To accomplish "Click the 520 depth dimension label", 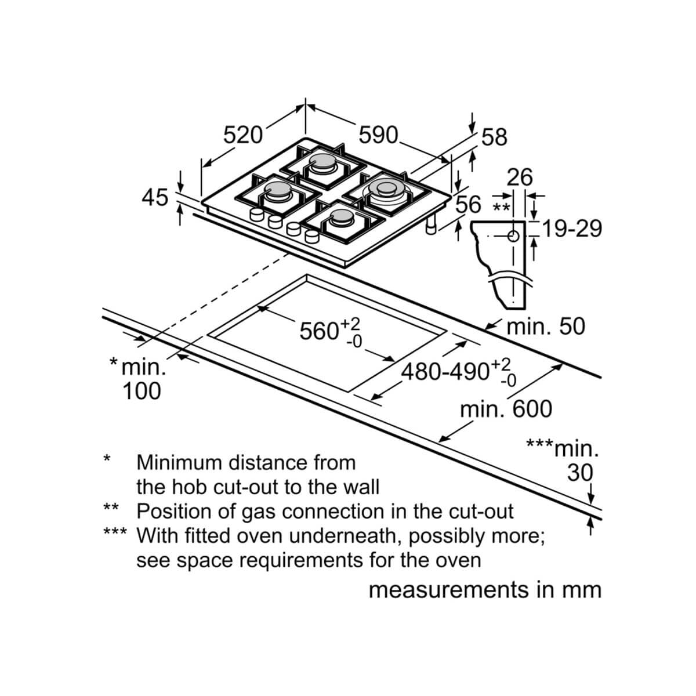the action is (x=242, y=135).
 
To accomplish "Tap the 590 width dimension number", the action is (x=378, y=135).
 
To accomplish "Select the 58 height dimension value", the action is (x=495, y=137).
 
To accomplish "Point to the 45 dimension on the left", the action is (x=155, y=198).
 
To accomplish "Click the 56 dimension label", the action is (x=468, y=204).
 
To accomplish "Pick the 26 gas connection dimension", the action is (x=520, y=177).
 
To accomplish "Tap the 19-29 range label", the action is (x=572, y=229).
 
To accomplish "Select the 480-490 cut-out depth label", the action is (x=445, y=372).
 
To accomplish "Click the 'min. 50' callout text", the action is (x=546, y=327).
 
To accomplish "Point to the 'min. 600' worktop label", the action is (x=506, y=409).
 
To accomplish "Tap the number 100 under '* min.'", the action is (x=142, y=391).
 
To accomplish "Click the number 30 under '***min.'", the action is (x=580, y=473).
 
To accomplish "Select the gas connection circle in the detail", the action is (x=513, y=236).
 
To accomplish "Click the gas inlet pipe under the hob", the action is (x=432, y=226).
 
